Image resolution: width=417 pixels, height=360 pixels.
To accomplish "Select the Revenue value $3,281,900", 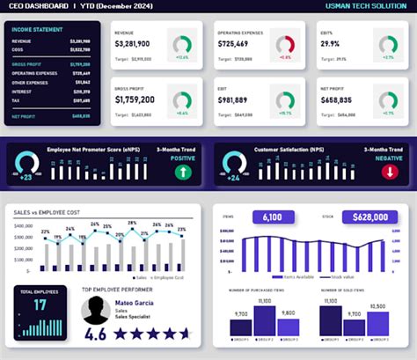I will click(132, 43).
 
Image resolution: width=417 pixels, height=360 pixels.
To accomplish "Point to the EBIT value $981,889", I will click(235, 100).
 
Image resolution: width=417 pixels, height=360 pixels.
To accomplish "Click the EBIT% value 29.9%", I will click(330, 43).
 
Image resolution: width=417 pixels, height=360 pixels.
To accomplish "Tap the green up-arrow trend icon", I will click(182, 171).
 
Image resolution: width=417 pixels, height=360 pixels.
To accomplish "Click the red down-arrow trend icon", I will click(388, 171).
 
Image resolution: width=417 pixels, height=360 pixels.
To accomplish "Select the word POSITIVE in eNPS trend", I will click(181, 158).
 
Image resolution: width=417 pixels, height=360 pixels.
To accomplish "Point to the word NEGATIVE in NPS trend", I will click(388, 158).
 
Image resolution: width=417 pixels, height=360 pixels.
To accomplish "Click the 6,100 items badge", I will click(272, 217).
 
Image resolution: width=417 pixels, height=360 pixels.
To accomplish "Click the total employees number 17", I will click(40, 305).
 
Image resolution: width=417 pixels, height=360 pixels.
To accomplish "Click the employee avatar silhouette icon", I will click(96, 309).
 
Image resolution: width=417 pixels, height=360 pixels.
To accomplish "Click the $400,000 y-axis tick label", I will click(24, 225).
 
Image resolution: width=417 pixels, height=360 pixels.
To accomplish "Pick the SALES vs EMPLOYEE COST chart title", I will click(54, 212).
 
